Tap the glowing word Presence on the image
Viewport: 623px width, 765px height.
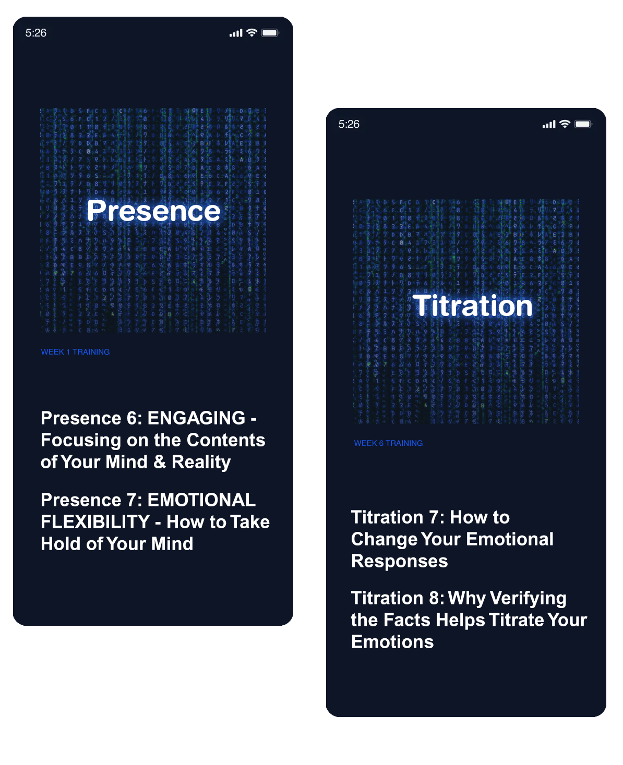[x=153, y=211]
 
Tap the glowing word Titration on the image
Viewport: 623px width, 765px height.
[x=472, y=306]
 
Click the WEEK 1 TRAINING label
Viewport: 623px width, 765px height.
[x=75, y=352]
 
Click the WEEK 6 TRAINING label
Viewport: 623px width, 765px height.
[x=388, y=443]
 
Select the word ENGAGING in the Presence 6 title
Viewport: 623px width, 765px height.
[x=196, y=418]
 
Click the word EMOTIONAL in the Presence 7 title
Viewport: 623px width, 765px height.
[x=201, y=500]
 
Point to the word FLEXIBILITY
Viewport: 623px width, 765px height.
[x=95, y=522]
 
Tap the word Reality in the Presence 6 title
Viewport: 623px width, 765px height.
[x=201, y=462]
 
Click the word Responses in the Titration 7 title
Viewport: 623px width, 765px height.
[x=400, y=561]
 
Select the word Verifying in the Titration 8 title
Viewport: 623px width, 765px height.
[x=507, y=598]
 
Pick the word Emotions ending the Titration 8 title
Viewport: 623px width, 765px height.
[x=392, y=642]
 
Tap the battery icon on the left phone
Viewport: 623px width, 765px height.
[x=270, y=33]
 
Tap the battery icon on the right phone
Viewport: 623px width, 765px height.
[x=583, y=124]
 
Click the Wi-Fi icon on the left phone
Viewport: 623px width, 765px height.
[x=252, y=33]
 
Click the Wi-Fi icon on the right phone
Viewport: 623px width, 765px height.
[x=565, y=124]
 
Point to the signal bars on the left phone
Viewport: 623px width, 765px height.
[x=236, y=33]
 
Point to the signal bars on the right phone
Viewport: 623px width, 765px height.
[x=549, y=124]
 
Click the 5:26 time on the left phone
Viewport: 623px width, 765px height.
[x=35, y=33]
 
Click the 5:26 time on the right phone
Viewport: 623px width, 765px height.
[x=349, y=124]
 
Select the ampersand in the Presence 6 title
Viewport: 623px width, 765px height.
[x=160, y=462]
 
